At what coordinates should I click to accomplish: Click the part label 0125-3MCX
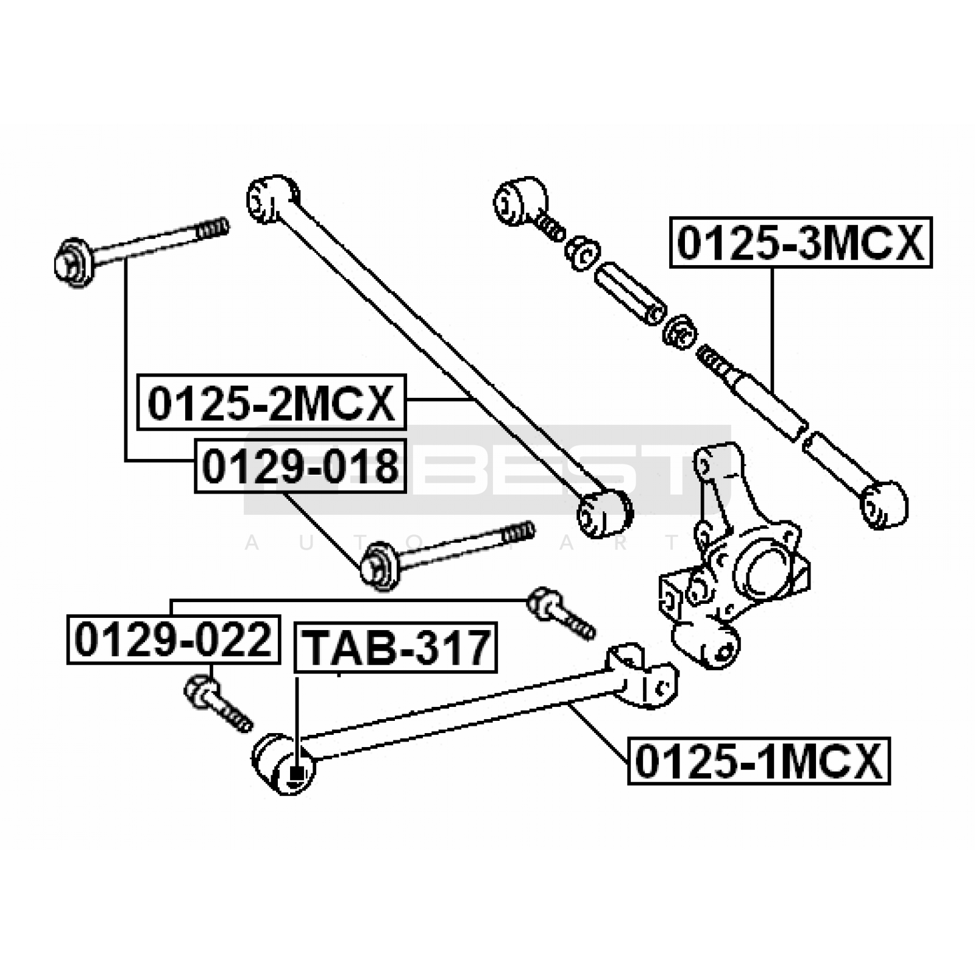[801, 243]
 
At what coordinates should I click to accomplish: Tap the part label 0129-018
[300, 466]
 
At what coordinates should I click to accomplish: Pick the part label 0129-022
[173, 639]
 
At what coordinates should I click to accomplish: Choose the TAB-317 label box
[396, 647]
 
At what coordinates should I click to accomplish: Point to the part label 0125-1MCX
[759, 761]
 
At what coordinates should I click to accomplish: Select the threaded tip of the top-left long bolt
[213, 229]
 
